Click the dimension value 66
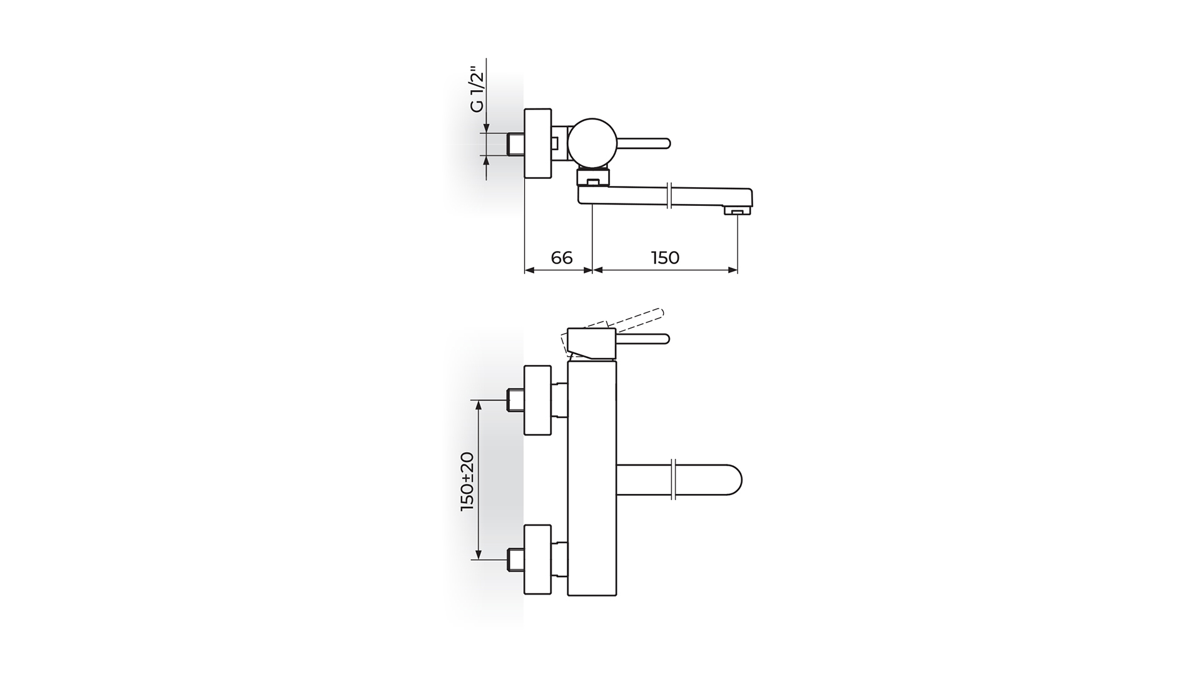point(561,257)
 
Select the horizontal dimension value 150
point(665,257)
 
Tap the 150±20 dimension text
point(468,481)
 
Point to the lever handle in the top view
point(644,143)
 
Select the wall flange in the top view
point(537,143)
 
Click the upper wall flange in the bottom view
point(537,401)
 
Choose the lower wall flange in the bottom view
point(537,559)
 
